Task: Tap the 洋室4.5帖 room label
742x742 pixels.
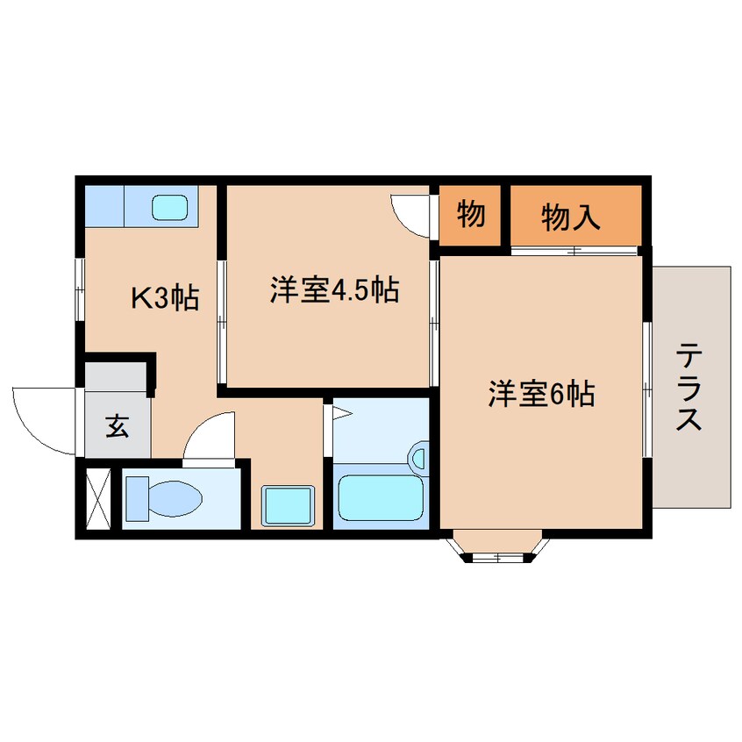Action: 335,289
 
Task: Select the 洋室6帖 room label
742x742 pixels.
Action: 541,395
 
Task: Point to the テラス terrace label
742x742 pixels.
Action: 690,387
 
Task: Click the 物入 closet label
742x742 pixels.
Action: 571,216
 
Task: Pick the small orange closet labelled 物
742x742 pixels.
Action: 471,214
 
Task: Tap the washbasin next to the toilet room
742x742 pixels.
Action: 289,504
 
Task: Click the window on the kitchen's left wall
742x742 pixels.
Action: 79,281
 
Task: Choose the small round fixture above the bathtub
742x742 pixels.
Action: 418,458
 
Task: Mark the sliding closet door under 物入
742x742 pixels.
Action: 574,252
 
